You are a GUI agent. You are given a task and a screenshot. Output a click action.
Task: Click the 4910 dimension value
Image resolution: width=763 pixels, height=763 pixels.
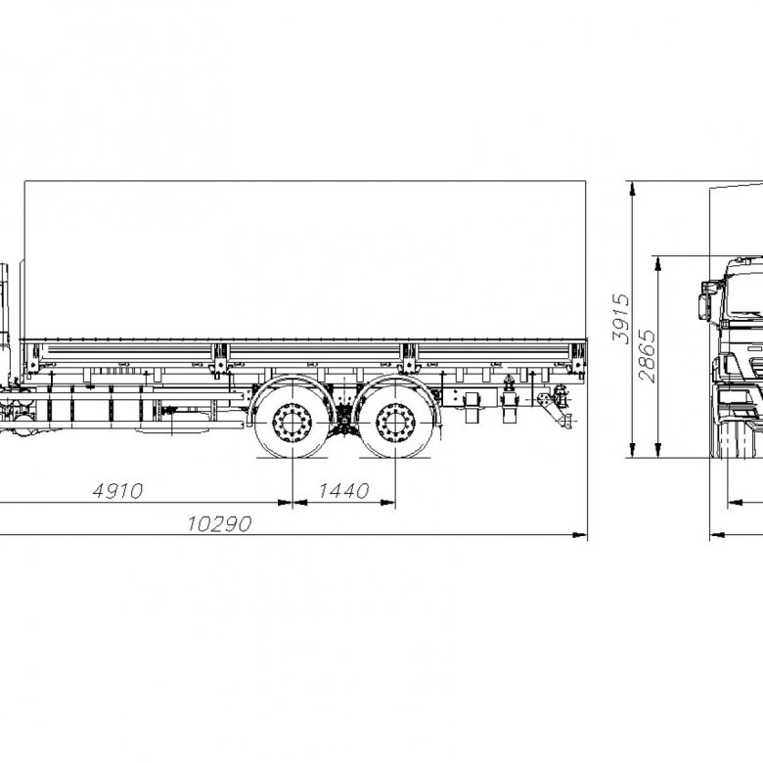117,491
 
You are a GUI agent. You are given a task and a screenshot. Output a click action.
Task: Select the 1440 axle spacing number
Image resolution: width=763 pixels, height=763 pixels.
344,491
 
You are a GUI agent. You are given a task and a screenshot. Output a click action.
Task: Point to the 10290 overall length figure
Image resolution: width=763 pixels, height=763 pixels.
219,524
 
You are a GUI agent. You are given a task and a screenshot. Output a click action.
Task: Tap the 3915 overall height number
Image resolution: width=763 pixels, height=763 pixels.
620,318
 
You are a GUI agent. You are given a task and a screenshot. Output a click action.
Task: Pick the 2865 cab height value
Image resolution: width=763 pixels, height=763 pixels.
647,356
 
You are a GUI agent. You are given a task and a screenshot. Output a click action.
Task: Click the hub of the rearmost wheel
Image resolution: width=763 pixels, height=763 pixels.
395,423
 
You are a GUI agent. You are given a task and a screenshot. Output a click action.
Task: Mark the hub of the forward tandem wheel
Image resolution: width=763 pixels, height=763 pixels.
292,423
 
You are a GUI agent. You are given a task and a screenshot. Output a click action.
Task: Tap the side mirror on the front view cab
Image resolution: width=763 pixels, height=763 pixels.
704,301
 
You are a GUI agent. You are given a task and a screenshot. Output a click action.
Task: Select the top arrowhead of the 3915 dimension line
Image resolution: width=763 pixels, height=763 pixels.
632,188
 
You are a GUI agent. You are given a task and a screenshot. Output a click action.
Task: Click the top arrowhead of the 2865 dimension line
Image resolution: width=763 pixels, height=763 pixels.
658,262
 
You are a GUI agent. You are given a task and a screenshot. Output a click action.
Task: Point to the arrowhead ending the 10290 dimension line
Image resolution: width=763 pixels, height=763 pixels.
579,535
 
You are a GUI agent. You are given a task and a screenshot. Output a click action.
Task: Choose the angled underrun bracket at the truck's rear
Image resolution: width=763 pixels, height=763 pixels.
554,410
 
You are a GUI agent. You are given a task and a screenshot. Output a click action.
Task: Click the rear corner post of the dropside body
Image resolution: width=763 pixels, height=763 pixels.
578,358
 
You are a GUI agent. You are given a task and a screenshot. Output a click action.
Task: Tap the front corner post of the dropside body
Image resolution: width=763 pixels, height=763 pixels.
32,358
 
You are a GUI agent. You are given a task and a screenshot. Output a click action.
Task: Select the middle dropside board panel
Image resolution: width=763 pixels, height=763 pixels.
314,353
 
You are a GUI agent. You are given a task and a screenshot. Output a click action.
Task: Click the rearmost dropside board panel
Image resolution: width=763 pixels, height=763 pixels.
493,353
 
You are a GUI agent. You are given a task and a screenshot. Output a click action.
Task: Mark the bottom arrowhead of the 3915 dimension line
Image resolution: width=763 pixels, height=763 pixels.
632,450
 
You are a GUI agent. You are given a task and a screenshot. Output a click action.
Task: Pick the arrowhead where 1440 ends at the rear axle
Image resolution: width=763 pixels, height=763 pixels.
387,502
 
